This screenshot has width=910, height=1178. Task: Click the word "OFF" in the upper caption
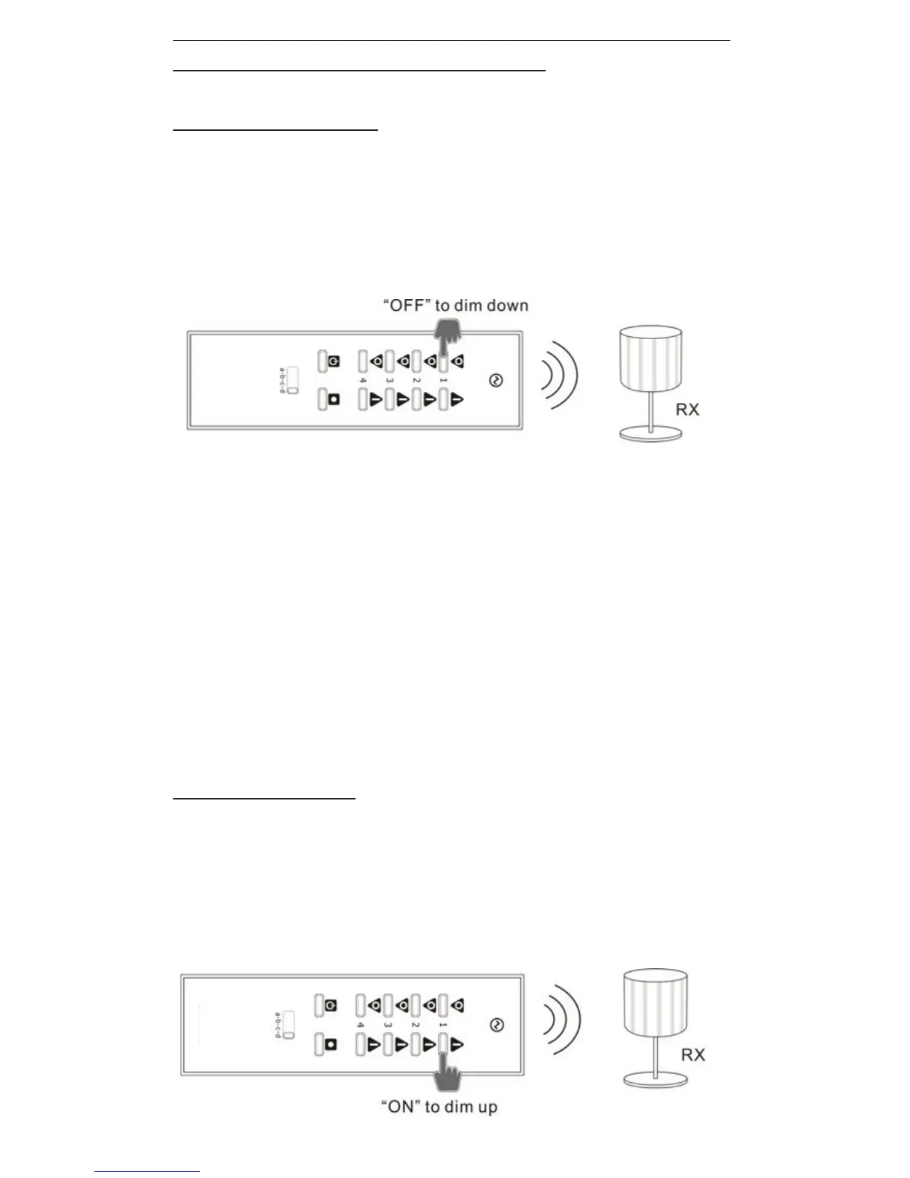coord(407,306)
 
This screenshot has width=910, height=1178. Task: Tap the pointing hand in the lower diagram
coord(448,1069)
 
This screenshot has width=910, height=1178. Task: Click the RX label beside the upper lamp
coord(687,410)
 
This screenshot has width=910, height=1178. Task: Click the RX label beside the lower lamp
coord(693,1055)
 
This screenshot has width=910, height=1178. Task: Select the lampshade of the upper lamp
coord(651,359)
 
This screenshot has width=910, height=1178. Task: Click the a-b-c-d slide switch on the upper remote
coord(292,380)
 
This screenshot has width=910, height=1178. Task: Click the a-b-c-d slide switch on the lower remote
coord(288,1025)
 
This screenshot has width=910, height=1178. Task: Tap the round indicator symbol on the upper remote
coord(496,381)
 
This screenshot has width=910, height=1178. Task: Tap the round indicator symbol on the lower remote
coord(497,1026)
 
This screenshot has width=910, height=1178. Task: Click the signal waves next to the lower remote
coord(562,1020)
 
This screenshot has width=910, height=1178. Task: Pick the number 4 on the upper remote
coord(363,381)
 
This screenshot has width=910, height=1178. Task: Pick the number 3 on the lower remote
coord(388,1025)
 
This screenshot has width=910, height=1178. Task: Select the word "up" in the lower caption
coord(487,1107)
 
